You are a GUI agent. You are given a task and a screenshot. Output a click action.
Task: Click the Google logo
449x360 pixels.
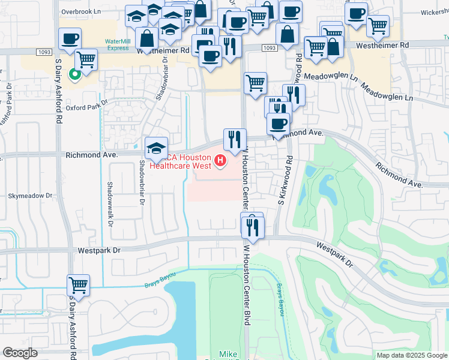pyautogui.click(x=20, y=353)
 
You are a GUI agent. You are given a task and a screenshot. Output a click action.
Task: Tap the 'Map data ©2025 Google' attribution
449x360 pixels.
pyautogui.click(x=412, y=355)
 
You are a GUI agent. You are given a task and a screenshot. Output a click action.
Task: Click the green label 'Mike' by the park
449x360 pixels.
pyautogui.click(x=228, y=354)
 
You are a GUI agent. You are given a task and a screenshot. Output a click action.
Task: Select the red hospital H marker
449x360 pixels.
pyautogui.click(x=220, y=160)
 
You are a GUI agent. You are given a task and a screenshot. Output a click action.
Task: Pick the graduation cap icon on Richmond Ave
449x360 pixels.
pyautogui.click(x=156, y=148)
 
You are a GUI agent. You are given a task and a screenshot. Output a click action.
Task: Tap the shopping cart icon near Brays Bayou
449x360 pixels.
pyautogui.click(x=78, y=284)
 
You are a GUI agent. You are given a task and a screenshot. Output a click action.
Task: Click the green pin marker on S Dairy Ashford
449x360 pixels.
pyautogui.click(x=74, y=75)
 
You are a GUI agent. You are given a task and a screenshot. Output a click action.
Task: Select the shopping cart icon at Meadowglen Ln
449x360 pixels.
pyautogui.click(x=255, y=83)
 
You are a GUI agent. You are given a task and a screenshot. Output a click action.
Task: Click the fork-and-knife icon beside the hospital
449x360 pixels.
pyautogui.click(x=234, y=139)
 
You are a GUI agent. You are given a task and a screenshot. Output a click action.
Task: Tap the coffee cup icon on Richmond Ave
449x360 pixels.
pyautogui.click(x=277, y=124)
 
